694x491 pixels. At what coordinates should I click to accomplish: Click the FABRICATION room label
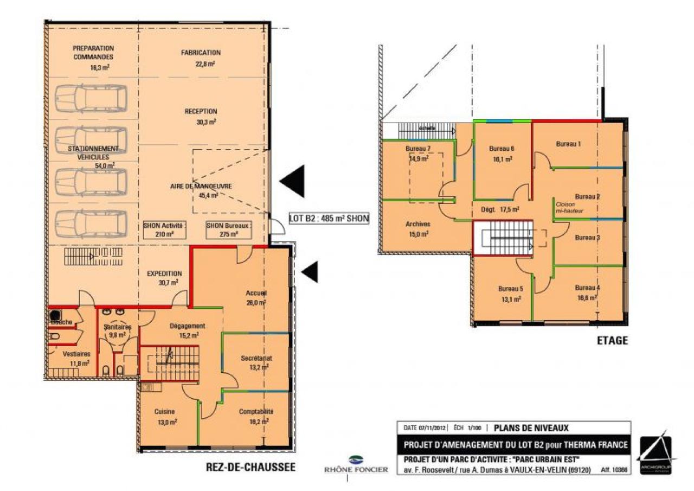point(201,53)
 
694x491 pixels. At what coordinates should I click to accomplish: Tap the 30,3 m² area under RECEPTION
point(207,122)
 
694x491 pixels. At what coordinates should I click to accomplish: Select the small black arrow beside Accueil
point(310,271)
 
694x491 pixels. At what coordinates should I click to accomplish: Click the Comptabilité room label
point(256,412)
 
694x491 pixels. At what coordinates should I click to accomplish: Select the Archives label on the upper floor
point(417,224)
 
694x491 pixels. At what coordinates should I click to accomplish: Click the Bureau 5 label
point(510,289)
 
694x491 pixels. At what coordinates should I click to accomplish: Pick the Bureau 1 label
point(568,144)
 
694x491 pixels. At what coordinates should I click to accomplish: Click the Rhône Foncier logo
point(356,464)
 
